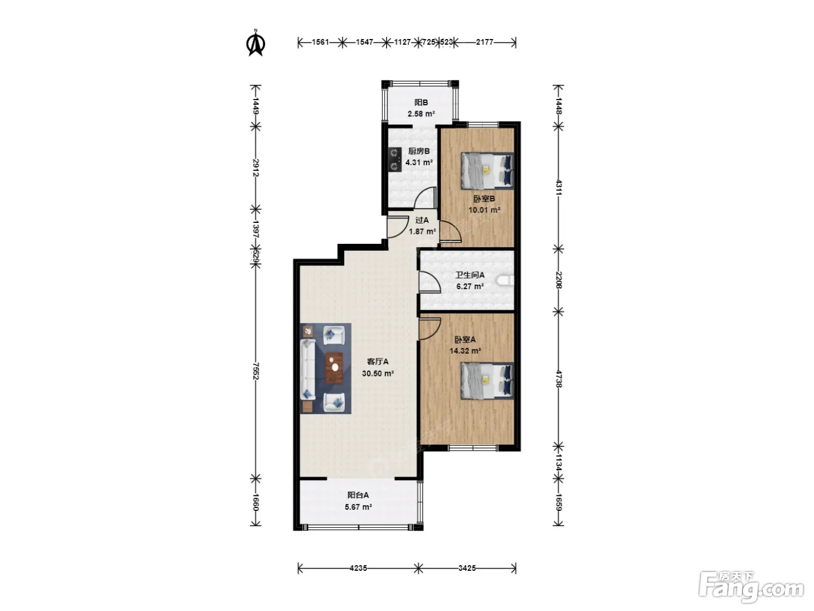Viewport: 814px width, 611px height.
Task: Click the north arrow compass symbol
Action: [255, 43]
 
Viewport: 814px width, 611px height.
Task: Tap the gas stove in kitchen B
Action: [395, 159]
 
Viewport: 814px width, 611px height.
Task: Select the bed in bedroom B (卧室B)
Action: [487, 171]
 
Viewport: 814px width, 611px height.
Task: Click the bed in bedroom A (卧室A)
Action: [487, 381]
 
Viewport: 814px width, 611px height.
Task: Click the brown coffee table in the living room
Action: [334, 368]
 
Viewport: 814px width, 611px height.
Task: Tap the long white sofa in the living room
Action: [308, 369]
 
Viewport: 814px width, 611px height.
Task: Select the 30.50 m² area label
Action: [378, 374]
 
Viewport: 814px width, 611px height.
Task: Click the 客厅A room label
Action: [377, 361]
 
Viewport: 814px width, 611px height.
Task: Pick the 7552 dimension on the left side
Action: [255, 371]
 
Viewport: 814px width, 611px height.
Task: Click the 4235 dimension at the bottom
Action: [358, 568]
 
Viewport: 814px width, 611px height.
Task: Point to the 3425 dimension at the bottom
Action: [467, 568]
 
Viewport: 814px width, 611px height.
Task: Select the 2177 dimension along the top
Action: [485, 42]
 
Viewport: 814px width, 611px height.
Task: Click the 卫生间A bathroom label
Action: [470, 275]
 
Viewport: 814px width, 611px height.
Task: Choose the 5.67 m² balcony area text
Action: [358, 507]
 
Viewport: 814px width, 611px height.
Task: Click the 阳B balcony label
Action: [421, 102]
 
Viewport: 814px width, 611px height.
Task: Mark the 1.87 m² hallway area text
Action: [422, 232]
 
